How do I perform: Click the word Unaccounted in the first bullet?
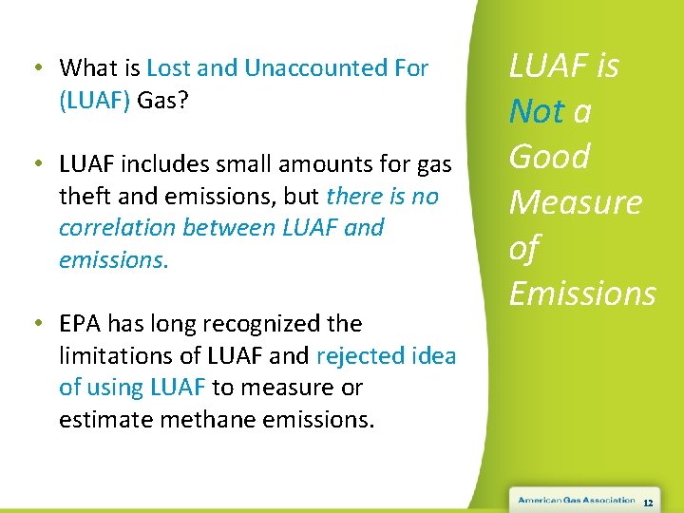click(301, 69)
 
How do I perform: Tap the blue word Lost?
click(168, 69)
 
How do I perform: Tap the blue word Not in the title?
click(537, 112)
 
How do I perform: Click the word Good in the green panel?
click(549, 157)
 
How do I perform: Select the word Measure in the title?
click(576, 202)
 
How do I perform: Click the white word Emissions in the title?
click(582, 294)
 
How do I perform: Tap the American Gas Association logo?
click(577, 500)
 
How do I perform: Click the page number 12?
click(648, 502)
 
